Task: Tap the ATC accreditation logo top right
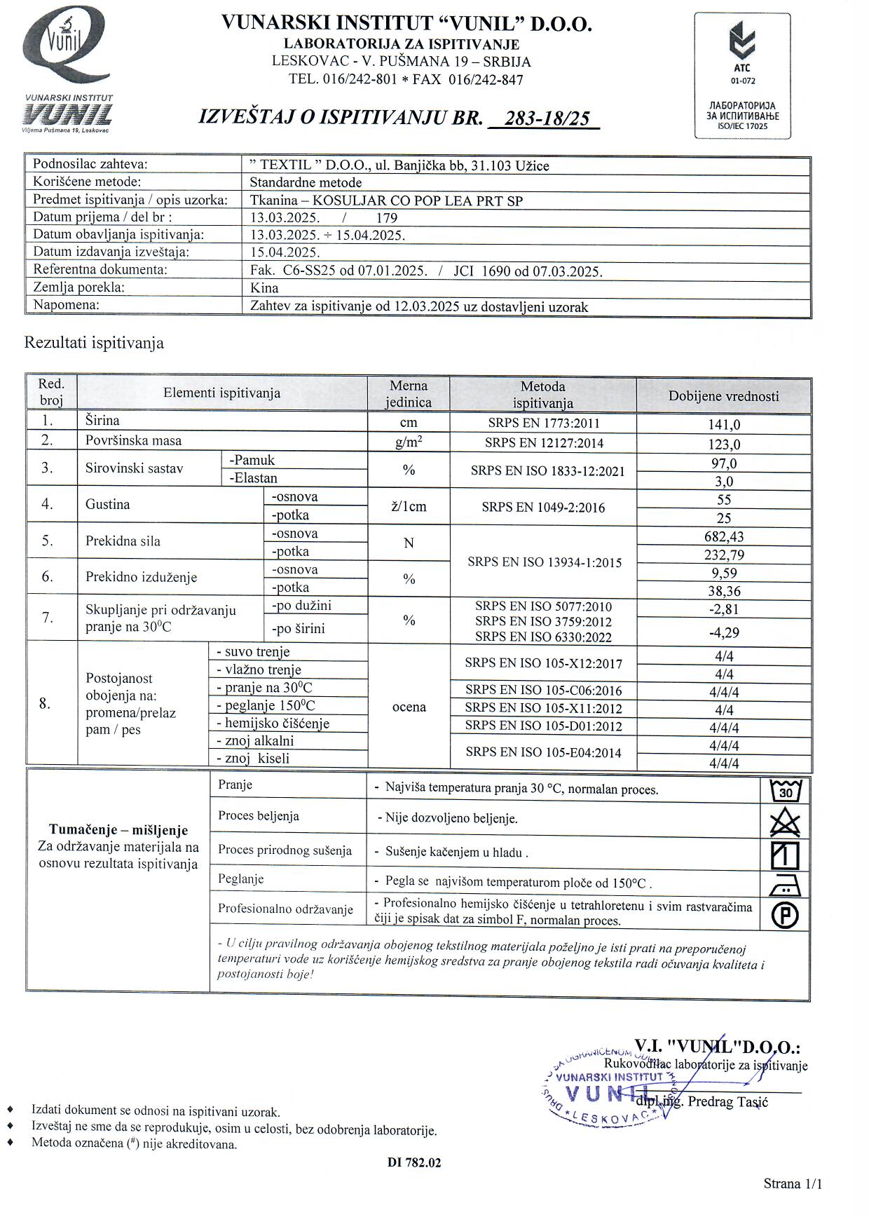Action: click(x=742, y=75)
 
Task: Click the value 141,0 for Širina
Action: click(x=724, y=425)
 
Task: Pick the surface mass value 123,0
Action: click(x=724, y=444)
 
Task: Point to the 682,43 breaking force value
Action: click(x=724, y=537)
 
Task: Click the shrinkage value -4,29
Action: click(x=724, y=633)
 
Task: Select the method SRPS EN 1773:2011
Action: click(x=543, y=423)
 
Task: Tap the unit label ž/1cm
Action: click(x=409, y=507)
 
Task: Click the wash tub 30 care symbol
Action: click(x=785, y=792)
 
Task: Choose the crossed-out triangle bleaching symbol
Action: click(x=785, y=822)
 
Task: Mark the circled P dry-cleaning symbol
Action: click(x=785, y=915)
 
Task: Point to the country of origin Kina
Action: click(x=264, y=288)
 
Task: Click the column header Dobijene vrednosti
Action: click(x=723, y=396)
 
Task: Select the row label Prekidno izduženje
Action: click(x=141, y=578)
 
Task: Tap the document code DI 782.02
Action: click(x=414, y=1162)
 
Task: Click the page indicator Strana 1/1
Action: click(x=793, y=1184)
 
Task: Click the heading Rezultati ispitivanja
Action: click(x=94, y=343)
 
